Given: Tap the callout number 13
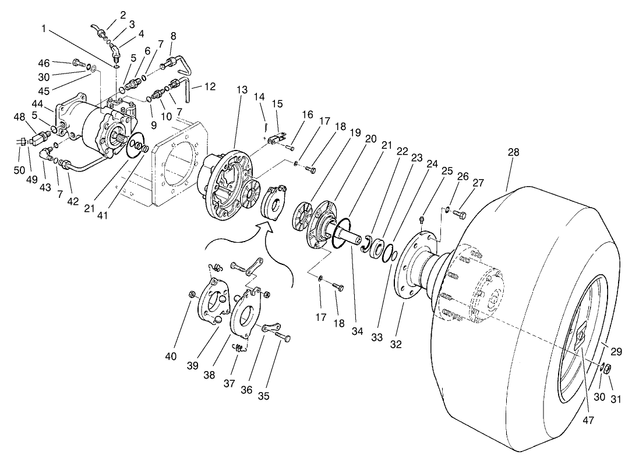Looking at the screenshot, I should pyautogui.click(x=242, y=90).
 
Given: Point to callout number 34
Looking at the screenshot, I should pyautogui.click(x=357, y=331).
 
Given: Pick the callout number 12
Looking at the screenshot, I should pyautogui.click(x=210, y=86).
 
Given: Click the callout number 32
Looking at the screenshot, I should pyautogui.click(x=396, y=344).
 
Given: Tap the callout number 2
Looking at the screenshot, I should pyautogui.click(x=123, y=15).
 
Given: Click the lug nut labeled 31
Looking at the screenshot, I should pyautogui.click(x=606, y=369).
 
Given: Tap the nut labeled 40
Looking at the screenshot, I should pyautogui.click(x=192, y=293).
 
